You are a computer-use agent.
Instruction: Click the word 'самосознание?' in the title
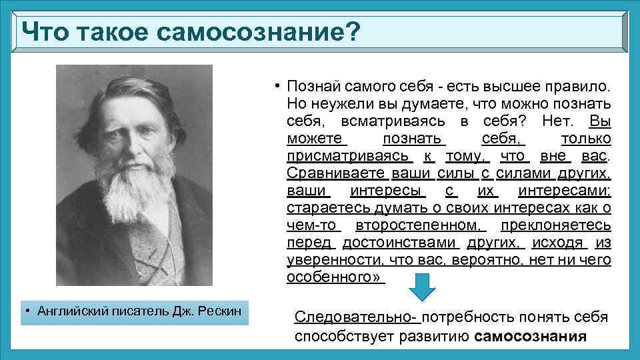point(265,31)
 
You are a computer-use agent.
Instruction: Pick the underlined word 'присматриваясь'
point(349,156)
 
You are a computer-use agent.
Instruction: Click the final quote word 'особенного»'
point(335,277)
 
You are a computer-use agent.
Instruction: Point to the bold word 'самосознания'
point(531,336)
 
